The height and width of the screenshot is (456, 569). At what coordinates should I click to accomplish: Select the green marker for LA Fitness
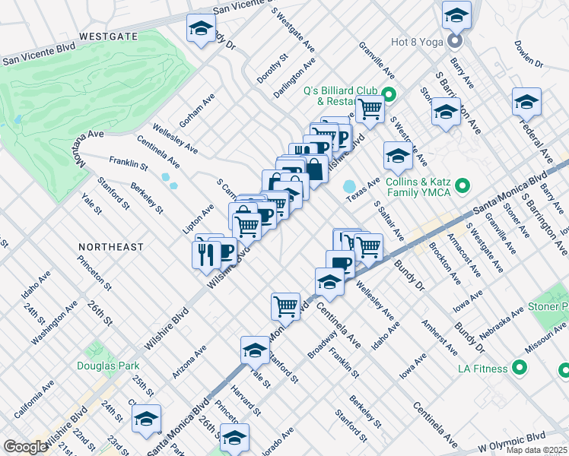coord(520,369)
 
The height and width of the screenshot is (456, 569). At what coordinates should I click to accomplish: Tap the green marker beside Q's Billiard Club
coord(389,95)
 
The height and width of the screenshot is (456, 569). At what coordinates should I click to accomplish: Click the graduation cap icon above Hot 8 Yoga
coord(456,14)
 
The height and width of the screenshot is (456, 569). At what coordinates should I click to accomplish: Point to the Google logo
coord(25,446)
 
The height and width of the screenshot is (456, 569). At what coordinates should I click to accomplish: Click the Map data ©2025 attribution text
coord(536,450)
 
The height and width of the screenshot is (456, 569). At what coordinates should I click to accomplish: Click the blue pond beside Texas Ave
coord(350,186)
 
